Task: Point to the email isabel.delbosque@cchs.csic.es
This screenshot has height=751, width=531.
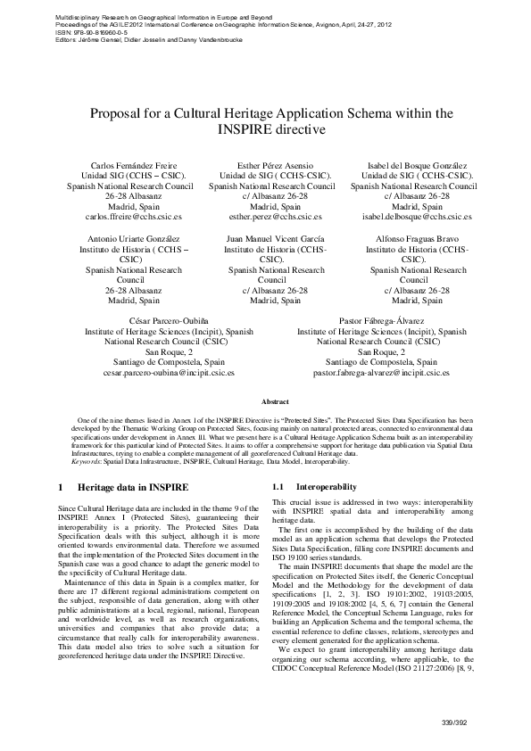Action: [x=412, y=217]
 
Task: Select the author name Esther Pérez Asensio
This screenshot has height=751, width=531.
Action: [x=272, y=166]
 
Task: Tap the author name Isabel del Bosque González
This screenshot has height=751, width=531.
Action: [x=413, y=166]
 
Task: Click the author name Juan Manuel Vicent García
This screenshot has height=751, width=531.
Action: [x=272, y=239]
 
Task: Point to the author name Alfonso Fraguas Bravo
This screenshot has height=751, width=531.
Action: [x=412, y=239]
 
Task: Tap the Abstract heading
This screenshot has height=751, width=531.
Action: [x=265, y=403]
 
